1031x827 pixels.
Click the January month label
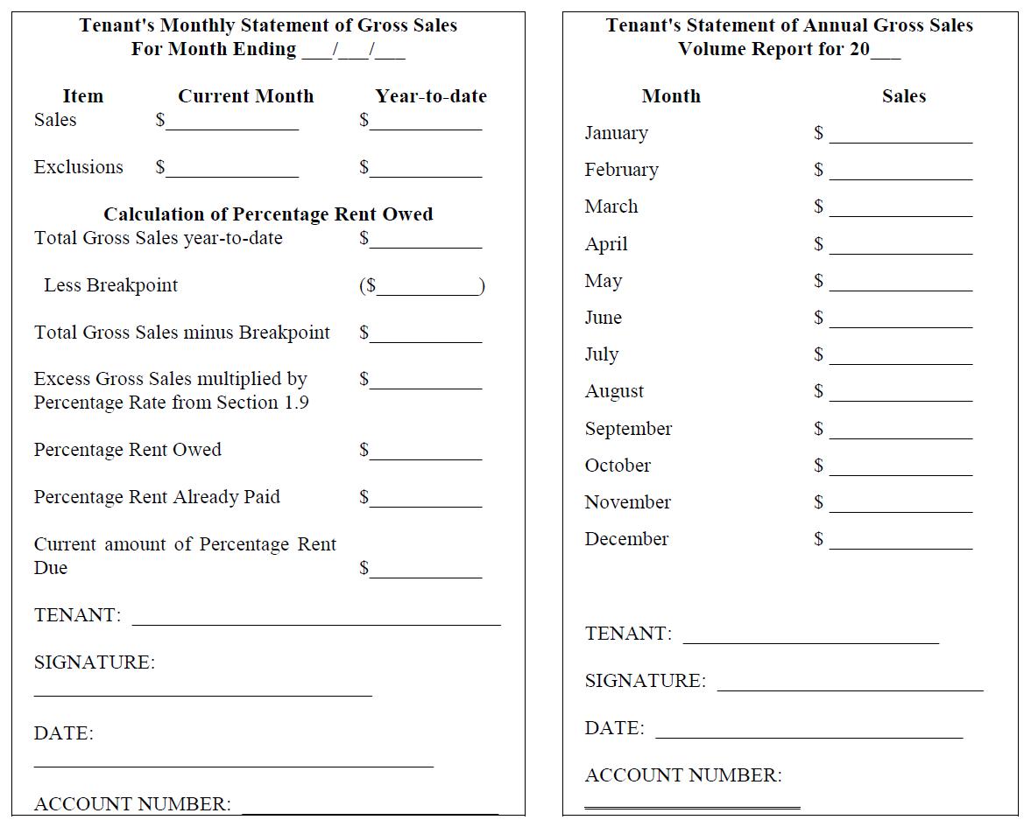coord(616,133)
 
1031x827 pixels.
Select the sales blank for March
coord(900,209)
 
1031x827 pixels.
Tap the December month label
coord(626,539)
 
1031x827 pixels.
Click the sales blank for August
coord(900,394)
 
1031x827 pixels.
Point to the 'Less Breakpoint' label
coord(110,285)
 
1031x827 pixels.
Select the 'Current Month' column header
coord(245,96)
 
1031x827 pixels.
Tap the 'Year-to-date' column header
coord(431,96)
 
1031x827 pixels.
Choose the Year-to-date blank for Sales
coord(426,123)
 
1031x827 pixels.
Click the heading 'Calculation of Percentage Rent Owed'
coord(268,214)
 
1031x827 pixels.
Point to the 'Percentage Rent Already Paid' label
coord(157,497)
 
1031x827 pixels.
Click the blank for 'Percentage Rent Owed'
coord(426,452)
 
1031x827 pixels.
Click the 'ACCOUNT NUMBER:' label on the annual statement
coord(683,775)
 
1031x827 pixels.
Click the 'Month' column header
coord(671,96)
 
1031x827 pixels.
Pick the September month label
coord(628,429)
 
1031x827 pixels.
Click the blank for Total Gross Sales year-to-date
coord(426,241)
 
